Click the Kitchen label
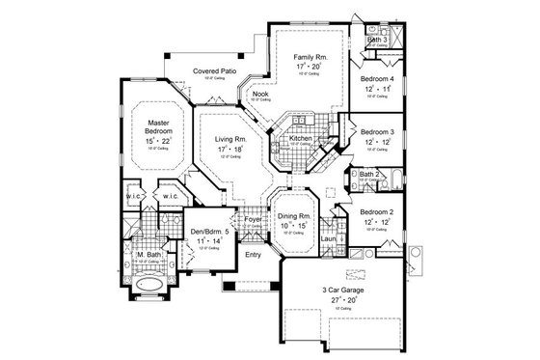click(x=297, y=139)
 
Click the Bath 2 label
click(x=368, y=175)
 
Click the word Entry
click(x=253, y=255)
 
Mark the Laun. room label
click(x=328, y=237)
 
